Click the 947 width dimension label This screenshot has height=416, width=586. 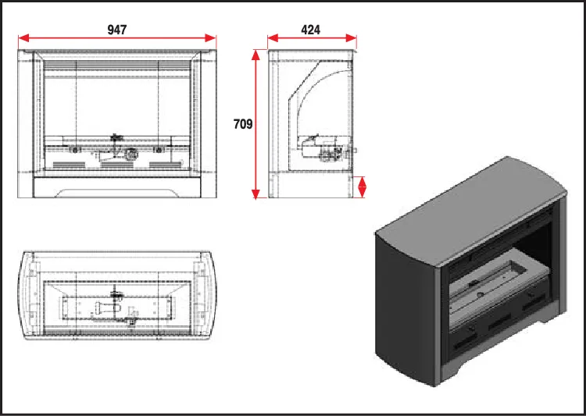(x=116, y=30)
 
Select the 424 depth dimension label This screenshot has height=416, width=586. (x=310, y=30)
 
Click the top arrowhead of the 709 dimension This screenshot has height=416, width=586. (x=255, y=55)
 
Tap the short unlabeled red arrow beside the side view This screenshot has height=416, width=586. (x=361, y=187)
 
